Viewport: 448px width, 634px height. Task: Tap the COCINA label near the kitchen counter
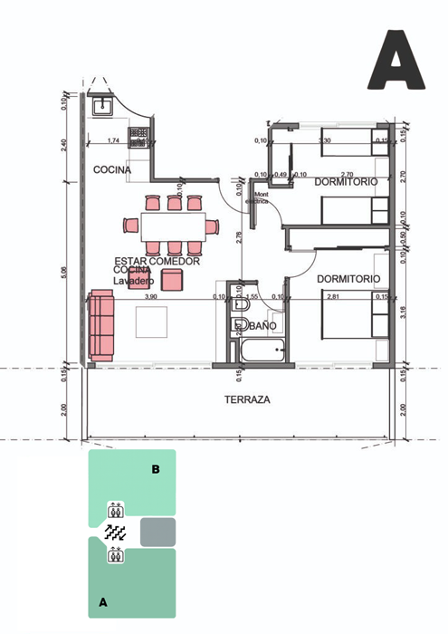(x=111, y=169)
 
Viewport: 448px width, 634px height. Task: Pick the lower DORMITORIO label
(x=348, y=278)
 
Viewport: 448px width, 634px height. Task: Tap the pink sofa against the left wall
(x=101, y=326)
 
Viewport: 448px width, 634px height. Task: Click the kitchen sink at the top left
(x=102, y=106)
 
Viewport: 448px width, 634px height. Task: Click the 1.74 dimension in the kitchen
(x=113, y=141)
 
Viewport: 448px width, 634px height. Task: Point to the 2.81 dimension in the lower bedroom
(x=336, y=296)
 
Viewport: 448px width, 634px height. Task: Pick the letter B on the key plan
(x=156, y=469)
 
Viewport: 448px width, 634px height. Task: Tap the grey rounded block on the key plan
(x=157, y=532)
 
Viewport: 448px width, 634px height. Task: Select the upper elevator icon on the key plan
(x=115, y=509)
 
